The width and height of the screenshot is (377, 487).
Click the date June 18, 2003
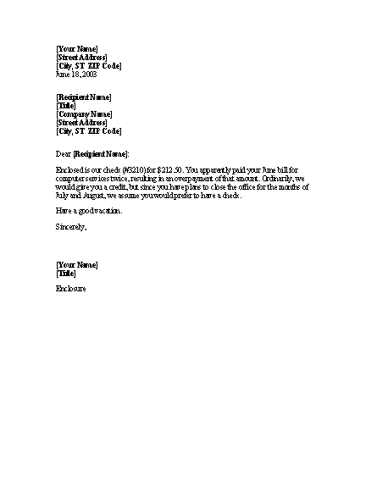[75, 74]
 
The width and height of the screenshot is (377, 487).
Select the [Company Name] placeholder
[84, 114]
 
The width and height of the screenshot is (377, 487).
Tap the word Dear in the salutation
[64, 153]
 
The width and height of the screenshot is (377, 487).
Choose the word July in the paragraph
[64, 196]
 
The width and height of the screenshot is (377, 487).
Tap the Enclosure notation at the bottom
[71, 290]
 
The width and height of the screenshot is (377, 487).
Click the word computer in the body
[70, 179]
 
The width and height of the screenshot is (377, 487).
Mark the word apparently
[223, 170]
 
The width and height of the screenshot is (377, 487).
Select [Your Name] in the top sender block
[76, 49]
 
